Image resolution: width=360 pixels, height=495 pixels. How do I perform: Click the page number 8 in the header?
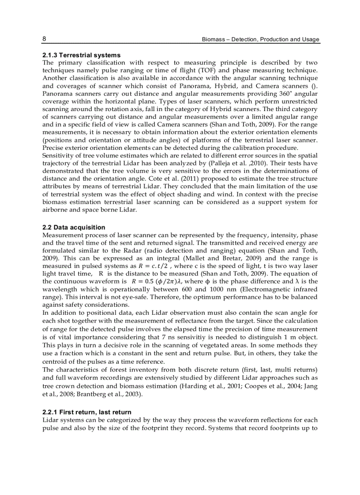tap(44, 39)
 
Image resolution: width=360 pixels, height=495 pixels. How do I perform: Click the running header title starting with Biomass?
tap(260, 39)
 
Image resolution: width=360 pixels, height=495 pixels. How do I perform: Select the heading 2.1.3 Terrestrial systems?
tap(81, 55)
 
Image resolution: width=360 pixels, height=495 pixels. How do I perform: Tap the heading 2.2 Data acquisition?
tap(74, 227)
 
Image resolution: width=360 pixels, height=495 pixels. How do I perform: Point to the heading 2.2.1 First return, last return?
tap(86, 412)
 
